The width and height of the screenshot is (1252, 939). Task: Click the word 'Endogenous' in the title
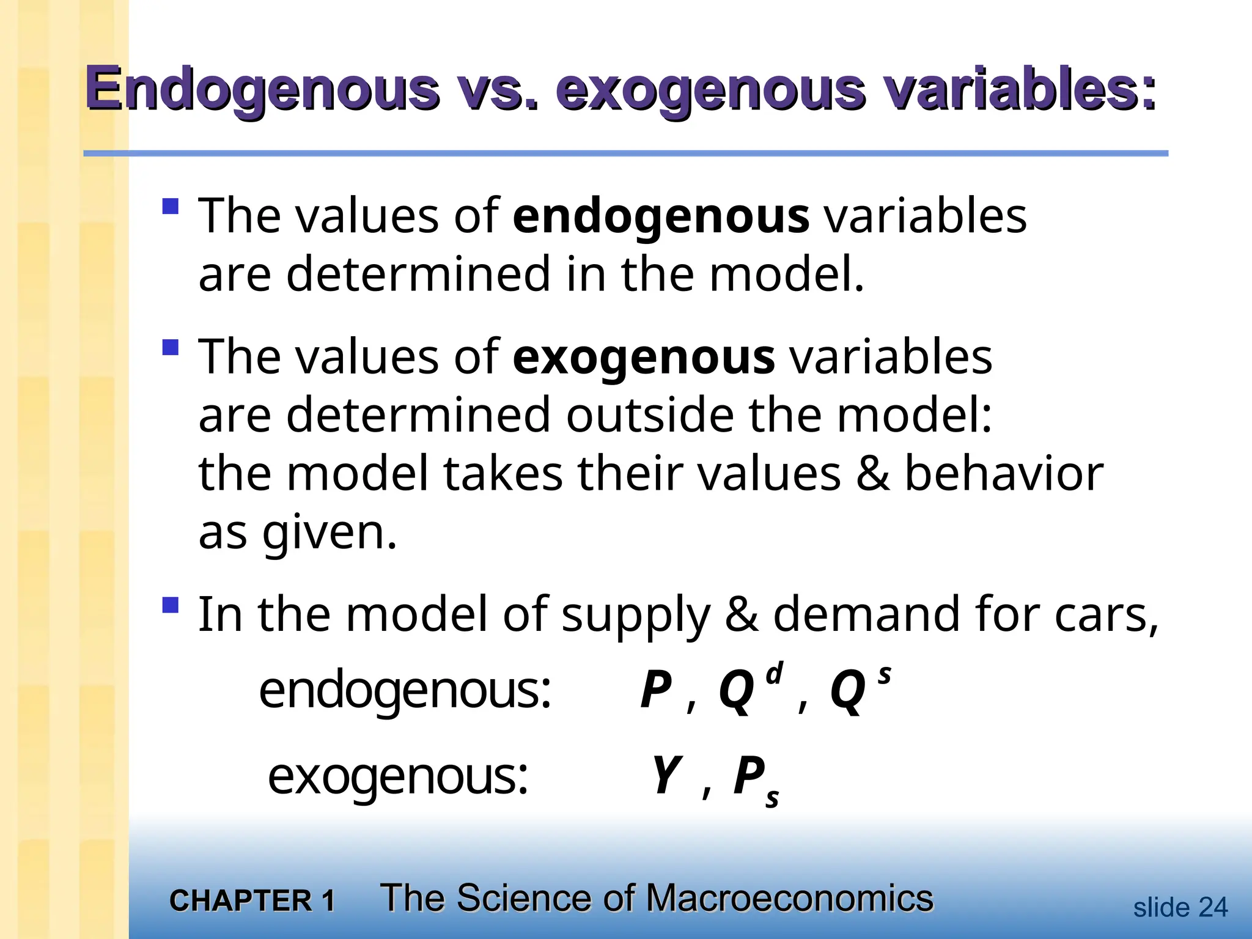[x=262, y=90]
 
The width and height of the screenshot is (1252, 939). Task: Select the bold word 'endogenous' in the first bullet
[x=661, y=216]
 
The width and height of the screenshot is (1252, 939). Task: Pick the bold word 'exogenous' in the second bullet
[x=644, y=358]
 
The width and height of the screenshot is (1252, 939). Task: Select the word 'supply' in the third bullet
[x=636, y=615]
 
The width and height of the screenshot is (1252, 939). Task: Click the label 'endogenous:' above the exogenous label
[x=405, y=691]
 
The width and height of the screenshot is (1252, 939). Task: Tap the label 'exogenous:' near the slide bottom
[x=398, y=776]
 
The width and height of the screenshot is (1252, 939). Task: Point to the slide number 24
[x=1213, y=908]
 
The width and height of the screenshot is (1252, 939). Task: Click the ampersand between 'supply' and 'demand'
[x=742, y=614]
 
